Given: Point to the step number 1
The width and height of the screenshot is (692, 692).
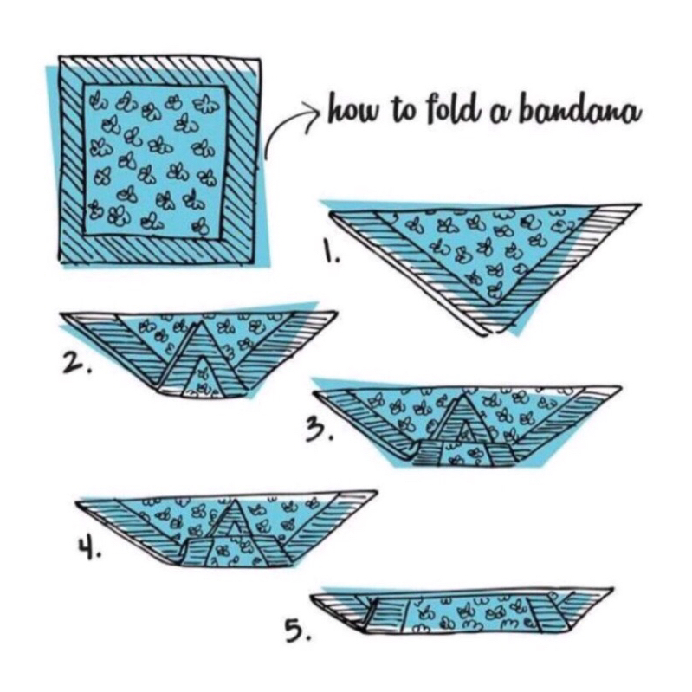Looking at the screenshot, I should click(x=331, y=255).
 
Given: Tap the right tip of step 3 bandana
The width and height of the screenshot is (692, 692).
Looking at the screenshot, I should click(x=618, y=389).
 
